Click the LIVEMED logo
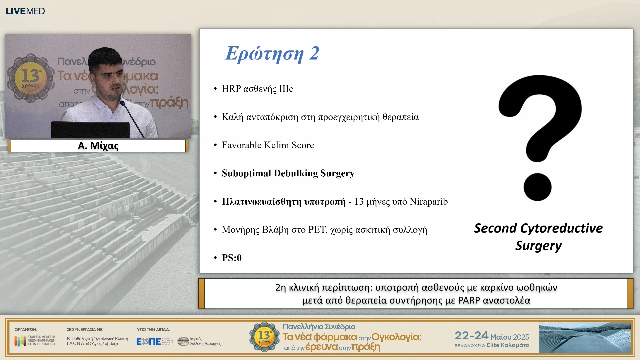25,11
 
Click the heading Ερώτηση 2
272,53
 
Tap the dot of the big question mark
537,187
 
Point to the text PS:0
232,258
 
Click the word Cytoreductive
561,228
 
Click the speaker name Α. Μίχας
98,146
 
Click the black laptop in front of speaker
90,130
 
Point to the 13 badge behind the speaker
31,77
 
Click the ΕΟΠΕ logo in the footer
149,341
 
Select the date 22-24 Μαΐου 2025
492,336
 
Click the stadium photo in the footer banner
585,338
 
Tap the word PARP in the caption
469,301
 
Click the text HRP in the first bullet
231,89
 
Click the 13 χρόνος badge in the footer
264,337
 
